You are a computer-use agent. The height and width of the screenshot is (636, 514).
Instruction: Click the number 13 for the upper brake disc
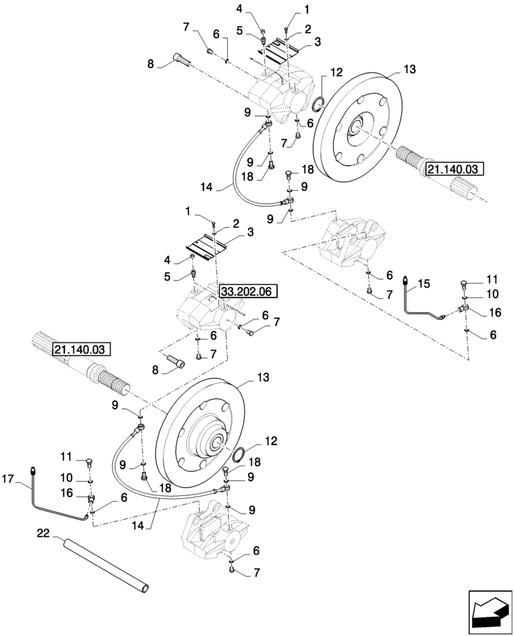(411, 68)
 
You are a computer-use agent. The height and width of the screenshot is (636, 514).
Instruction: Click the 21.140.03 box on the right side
(455, 169)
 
